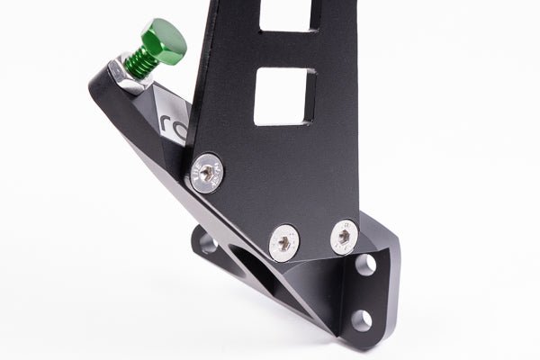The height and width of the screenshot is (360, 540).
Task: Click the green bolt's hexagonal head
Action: (x=165, y=37)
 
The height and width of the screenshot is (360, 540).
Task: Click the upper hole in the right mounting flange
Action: (x=365, y=265)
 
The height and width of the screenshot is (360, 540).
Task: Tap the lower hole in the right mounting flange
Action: (x=362, y=319)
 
